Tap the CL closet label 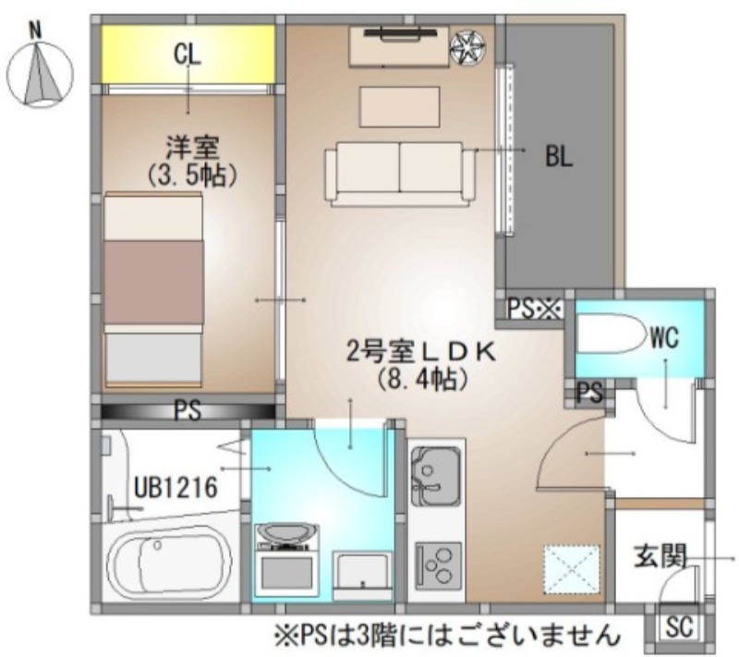point(188,54)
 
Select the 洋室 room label point(192,148)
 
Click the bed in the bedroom point(153,290)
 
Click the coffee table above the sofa point(400,106)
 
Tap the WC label point(664,337)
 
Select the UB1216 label point(176,487)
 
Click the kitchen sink point(435,476)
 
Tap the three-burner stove point(438,566)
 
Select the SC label point(680,627)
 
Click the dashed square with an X point(572,569)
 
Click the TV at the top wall point(399,32)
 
